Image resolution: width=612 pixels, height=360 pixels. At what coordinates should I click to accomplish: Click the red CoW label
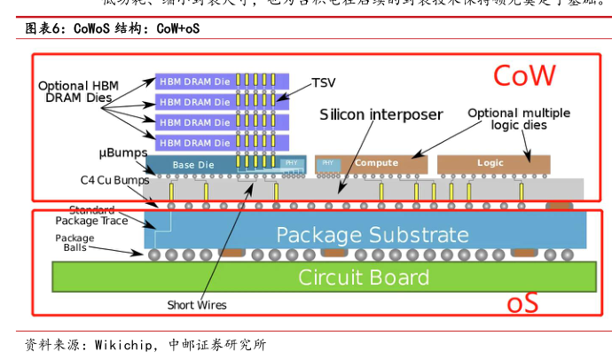(x=523, y=76)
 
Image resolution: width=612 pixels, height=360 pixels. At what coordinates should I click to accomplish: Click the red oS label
(x=522, y=304)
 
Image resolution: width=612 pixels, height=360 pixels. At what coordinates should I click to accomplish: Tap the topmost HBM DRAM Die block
(x=195, y=81)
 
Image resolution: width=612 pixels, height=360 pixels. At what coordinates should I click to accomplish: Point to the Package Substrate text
(x=372, y=235)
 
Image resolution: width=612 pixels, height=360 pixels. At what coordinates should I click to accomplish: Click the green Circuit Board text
(x=363, y=277)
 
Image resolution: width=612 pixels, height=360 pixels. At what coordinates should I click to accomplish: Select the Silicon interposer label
(x=381, y=115)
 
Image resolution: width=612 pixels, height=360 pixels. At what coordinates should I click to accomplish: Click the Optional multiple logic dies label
(x=519, y=119)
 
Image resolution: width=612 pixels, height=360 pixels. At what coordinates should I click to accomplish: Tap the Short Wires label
(x=197, y=305)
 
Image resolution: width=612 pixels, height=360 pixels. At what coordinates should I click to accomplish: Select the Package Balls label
(x=75, y=243)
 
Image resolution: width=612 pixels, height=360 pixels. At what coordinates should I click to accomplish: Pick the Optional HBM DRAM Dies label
(x=77, y=91)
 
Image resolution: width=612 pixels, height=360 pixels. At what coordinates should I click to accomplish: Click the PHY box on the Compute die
(x=327, y=163)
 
